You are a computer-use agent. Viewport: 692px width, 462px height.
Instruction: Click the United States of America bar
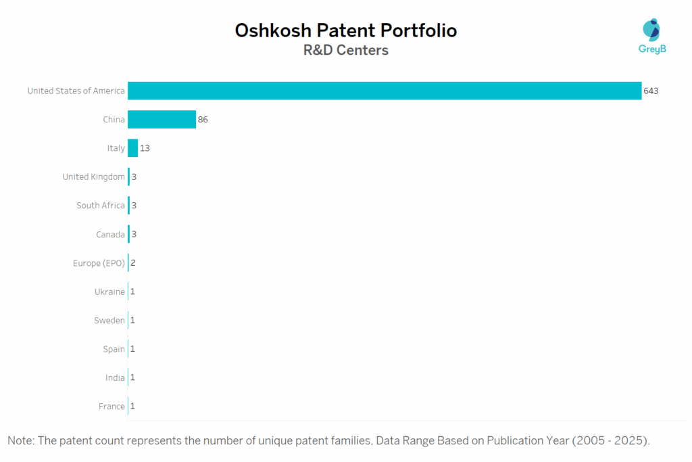pos(384,91)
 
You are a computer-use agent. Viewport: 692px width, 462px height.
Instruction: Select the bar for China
pos(162,120)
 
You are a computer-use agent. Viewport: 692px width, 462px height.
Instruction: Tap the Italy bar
pos(132,148)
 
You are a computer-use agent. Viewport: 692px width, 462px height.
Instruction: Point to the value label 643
pos(651,91)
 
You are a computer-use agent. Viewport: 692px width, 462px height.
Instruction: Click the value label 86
pos(203,120)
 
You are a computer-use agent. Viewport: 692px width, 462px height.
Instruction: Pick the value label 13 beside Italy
pos(145,148)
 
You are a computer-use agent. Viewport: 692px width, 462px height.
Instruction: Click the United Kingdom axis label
pos(93,177)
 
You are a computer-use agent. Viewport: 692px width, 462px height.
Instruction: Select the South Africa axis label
pos(101,206)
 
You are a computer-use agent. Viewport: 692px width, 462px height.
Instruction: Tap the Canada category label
pos(110,234)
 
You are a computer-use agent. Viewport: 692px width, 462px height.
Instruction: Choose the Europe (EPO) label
pos(99,263)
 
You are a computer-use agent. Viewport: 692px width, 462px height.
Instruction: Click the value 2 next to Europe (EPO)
pos(133,263)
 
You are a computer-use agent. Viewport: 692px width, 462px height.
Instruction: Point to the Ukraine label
pos(109,292)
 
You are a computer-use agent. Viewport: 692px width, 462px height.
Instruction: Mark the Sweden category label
pos(109,321)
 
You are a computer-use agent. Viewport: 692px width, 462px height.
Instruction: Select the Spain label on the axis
pos(114,349)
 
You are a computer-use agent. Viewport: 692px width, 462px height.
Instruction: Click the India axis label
pos(115,377)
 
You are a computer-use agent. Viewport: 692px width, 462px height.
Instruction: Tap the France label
pos(112,407)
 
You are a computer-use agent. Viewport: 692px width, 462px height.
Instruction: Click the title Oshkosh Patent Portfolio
pos(345,30)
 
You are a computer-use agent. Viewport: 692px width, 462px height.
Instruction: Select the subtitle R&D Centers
pos(345,51)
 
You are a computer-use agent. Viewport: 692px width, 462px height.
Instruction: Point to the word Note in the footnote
pos(20,441)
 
